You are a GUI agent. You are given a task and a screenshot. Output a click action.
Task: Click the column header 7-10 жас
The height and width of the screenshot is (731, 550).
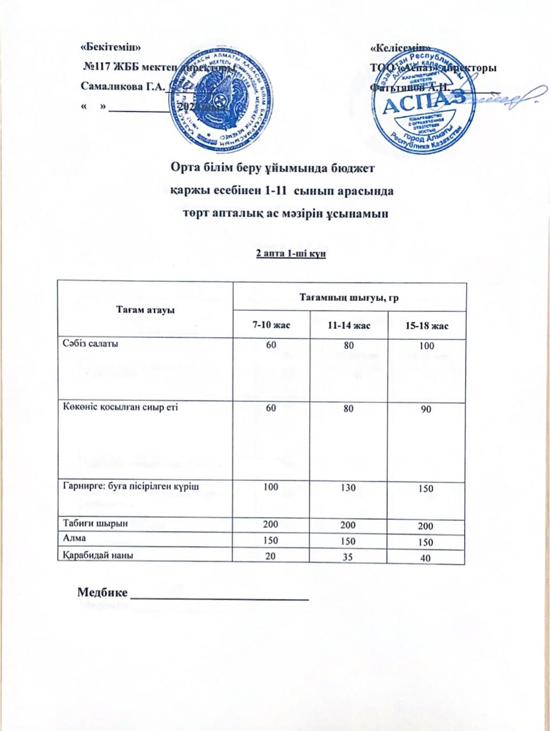click(x=272, y=325)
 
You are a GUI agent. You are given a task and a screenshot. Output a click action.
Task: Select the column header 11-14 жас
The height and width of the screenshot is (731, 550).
click(x=349, y=325)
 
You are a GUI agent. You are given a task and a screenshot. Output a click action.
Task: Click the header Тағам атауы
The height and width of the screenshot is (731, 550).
click(x=145, y=309)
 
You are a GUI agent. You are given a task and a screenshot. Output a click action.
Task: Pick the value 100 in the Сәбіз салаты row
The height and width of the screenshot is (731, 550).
click(x=426, y=346)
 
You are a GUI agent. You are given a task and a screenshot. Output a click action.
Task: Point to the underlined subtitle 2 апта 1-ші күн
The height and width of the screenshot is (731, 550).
click(x=291, y=254)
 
